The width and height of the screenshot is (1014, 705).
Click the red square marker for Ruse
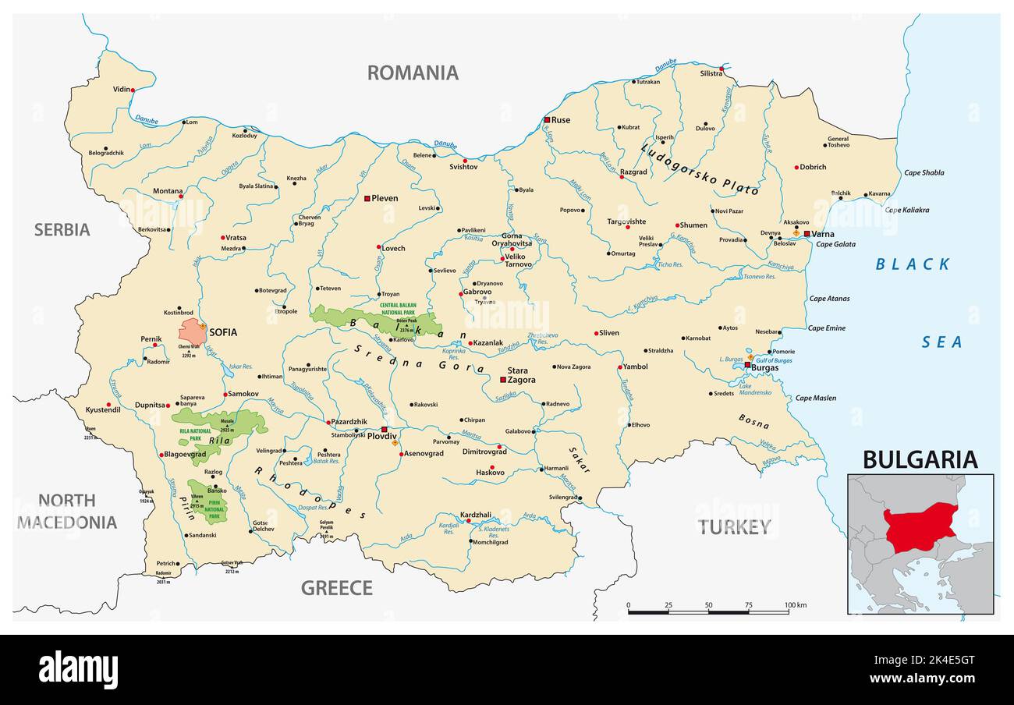click(x=548, y=120)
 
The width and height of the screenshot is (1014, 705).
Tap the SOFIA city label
click(x=222, y=332)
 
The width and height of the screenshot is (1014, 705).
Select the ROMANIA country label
click(x=413, y=73)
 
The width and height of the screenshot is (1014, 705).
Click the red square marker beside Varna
click(x=807, y=233)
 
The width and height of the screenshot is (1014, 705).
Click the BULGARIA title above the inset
click(x=919, y=460)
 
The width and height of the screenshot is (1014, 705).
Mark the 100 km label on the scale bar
click(x=795, y=605)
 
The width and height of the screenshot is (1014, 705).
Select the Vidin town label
click(x=121, y=90)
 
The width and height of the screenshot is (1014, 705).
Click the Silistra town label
click(x=711, y=73)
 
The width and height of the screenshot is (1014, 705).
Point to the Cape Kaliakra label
click(x=906, y=210)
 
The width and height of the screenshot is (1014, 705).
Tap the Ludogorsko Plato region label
click(x=699, y=168)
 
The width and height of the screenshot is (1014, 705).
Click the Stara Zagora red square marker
click(x=503, y=380)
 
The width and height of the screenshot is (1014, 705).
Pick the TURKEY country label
click(x=734, y=527)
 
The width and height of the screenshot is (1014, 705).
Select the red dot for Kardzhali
click(x=468, y=522)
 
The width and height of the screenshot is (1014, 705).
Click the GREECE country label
click(x=336, y=588)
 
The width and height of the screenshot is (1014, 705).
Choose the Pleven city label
click(x=385, y=198)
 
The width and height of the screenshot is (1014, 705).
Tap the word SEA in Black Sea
click(x=942, y=342)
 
